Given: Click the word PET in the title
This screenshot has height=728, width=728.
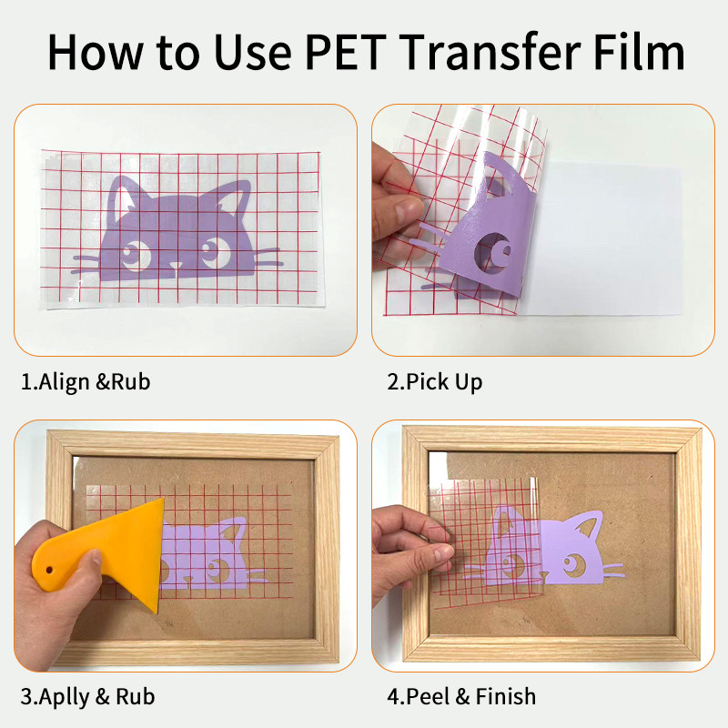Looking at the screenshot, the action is (x=346, y=52).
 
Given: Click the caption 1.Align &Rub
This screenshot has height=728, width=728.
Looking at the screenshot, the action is (x=86, y=381).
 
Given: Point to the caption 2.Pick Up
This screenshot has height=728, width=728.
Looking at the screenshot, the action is (x=435, y=382).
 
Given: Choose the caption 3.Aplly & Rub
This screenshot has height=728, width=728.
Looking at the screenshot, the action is (x=87, y=696).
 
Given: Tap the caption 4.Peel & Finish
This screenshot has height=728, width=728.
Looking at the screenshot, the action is (x=461, y=696).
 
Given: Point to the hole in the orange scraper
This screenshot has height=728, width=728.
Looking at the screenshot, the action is (x=49, y=570).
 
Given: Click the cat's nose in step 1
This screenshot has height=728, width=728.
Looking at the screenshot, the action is (x=176, y=266).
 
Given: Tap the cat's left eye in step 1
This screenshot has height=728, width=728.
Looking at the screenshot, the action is (x=135, y=254).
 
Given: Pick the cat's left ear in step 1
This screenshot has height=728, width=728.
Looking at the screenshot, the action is (x=123, y=195).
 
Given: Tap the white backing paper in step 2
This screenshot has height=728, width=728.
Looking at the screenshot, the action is (x=603, y=238).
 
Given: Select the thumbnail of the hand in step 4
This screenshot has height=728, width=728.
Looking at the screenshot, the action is (x=444, y=552).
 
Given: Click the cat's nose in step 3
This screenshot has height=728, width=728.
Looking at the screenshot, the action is (x=188, y=580).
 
